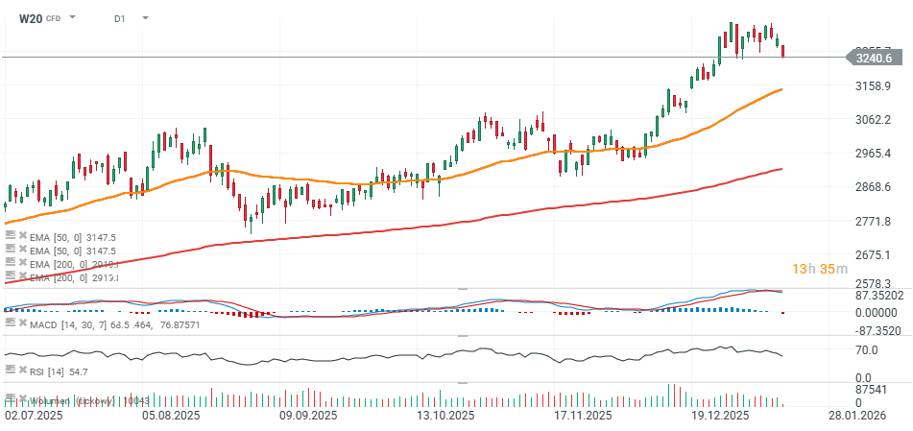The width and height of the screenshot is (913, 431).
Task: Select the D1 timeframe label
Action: click(x=120, y=18)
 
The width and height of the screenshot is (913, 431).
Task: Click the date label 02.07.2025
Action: click(x=35, y=416)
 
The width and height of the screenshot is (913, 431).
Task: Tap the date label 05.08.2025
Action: click(x=171, y=416)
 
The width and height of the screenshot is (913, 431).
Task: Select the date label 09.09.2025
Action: click(x=308, y=416)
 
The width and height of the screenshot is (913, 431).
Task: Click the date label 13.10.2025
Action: click(x=444, y=416)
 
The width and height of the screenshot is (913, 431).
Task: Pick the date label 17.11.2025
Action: click(x=584, y=416)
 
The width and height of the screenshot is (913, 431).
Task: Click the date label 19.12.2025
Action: click(x=720, y=416)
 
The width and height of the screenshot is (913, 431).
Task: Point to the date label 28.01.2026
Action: click(x=857, y=416)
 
